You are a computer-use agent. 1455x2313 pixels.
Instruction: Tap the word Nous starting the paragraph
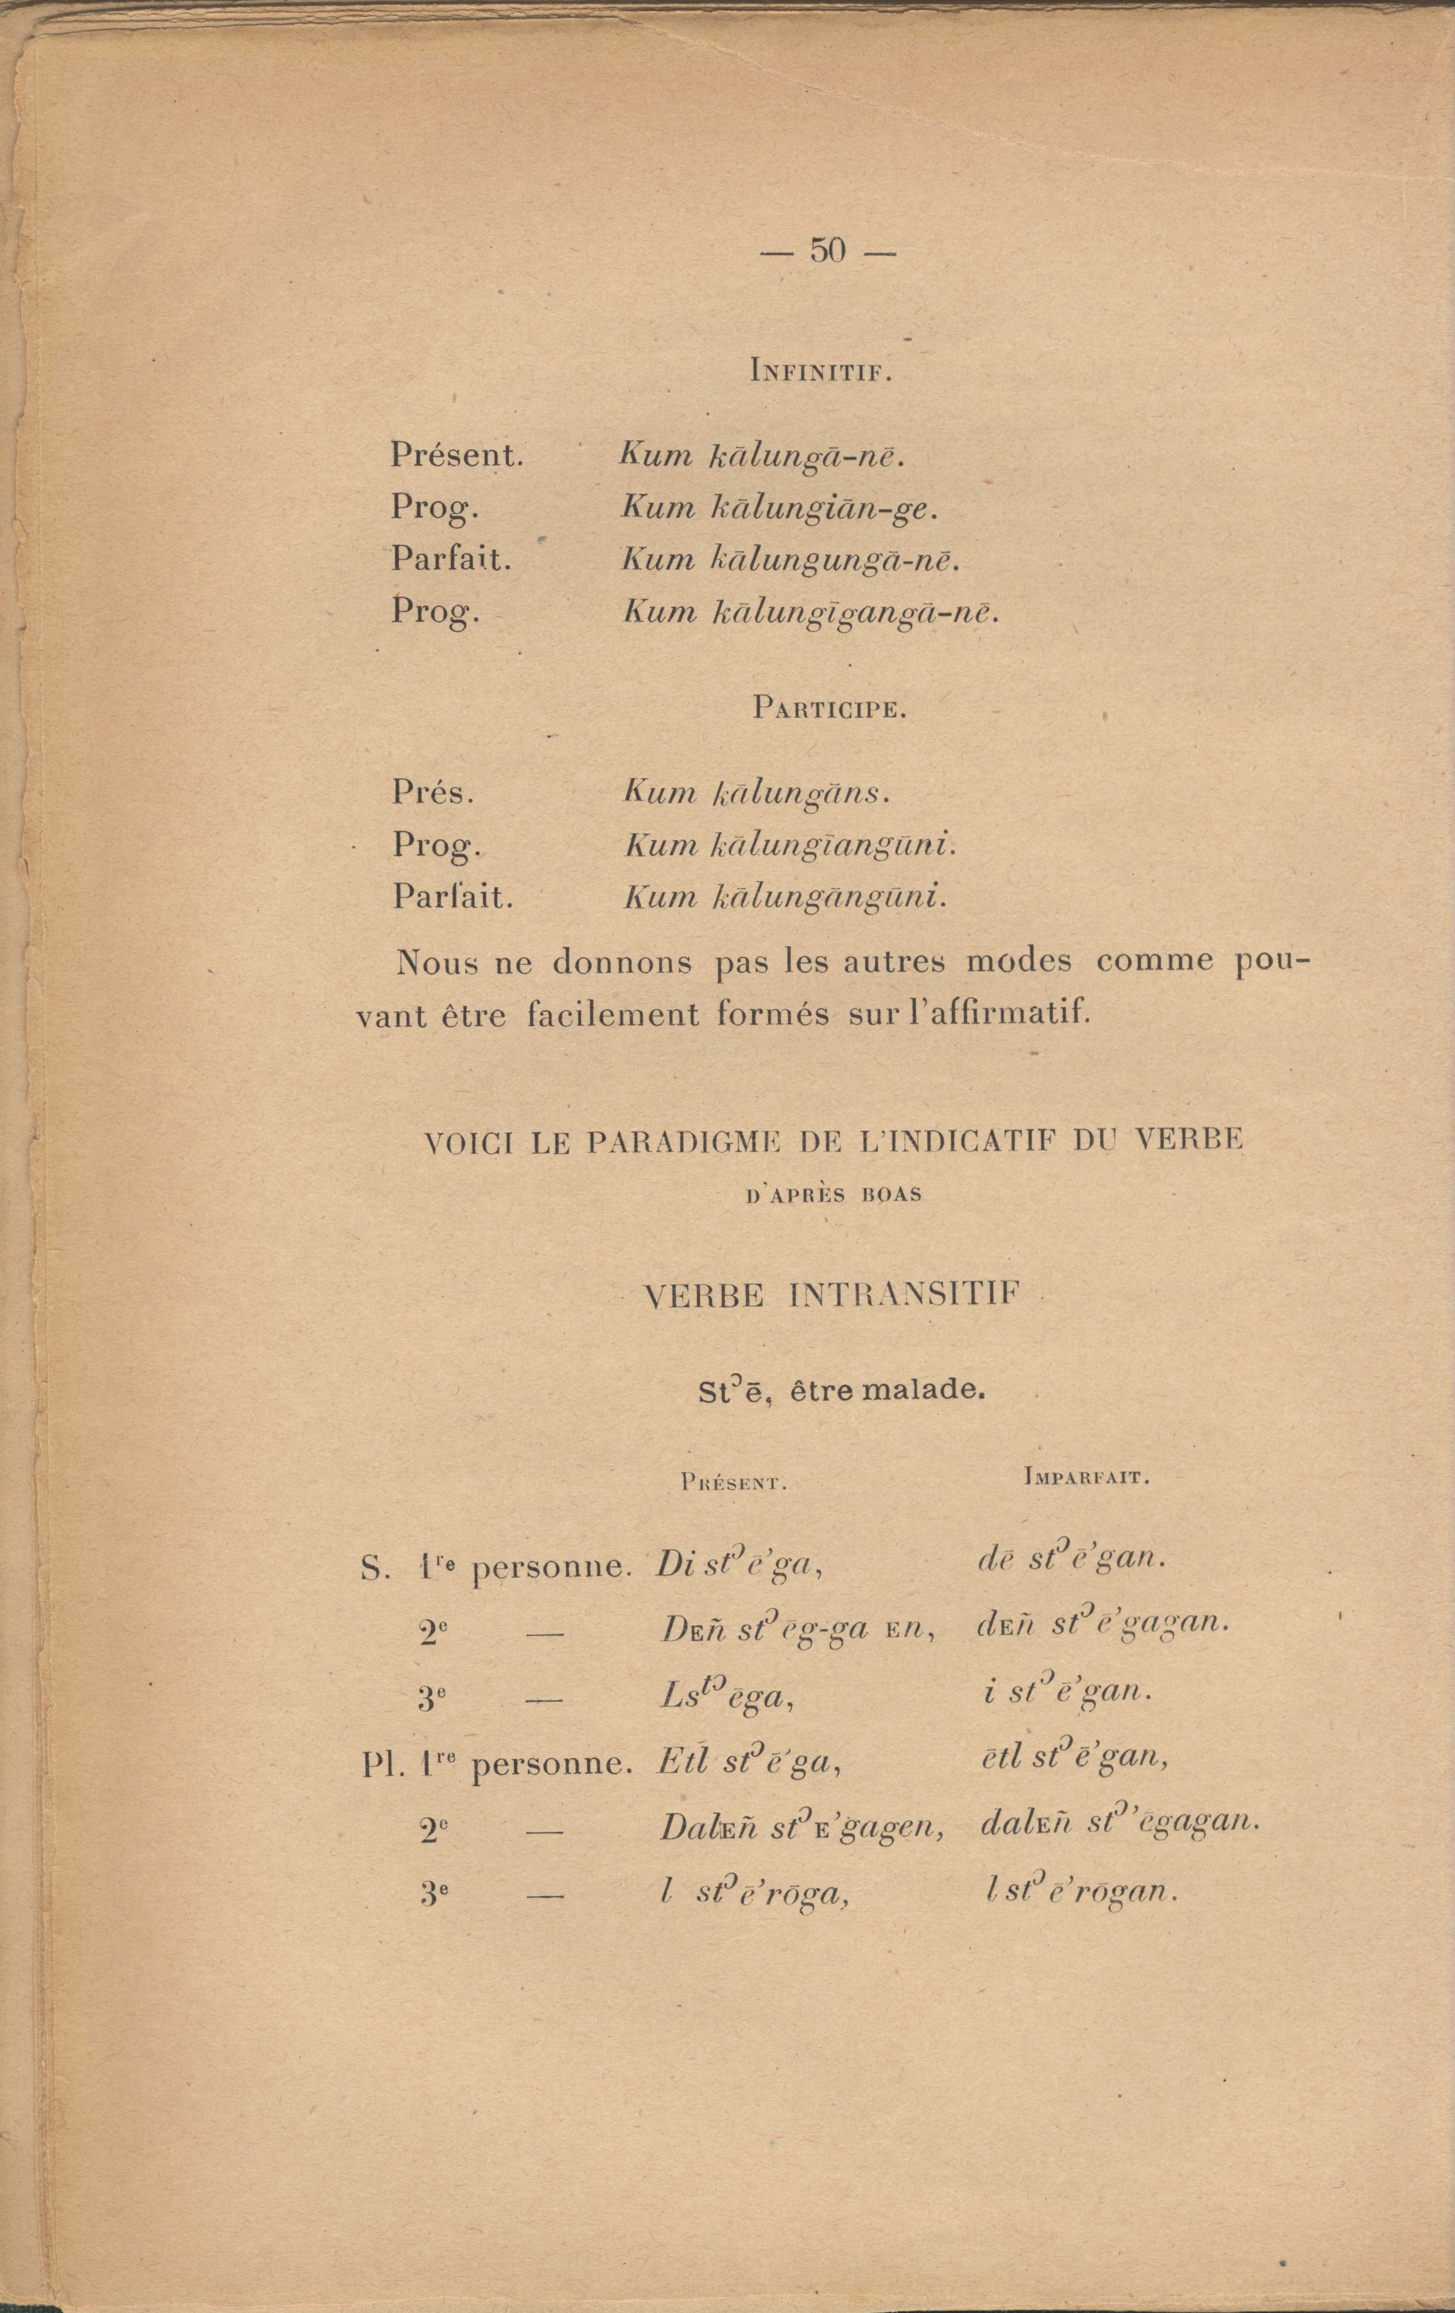436,962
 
